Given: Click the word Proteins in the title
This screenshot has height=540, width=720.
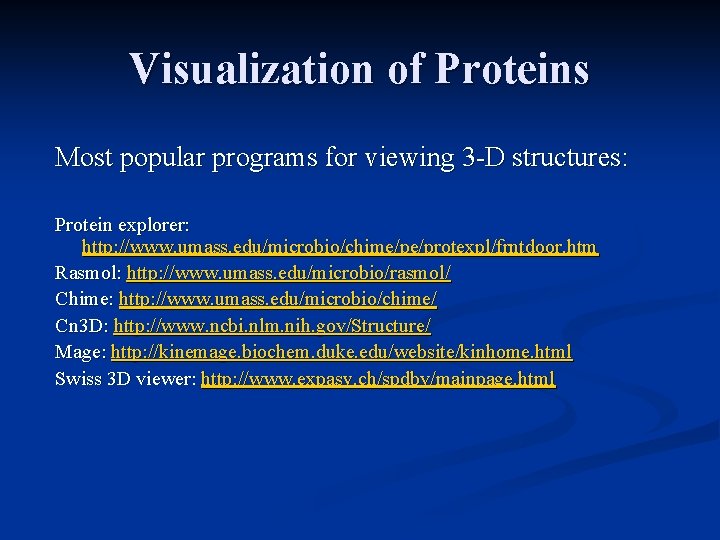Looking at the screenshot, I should [512, 69].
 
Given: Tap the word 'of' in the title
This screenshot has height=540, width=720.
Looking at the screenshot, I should [404, 69].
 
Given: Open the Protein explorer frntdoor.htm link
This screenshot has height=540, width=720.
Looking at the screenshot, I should [339, 247].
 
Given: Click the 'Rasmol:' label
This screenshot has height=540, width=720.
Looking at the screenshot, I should [88, 273].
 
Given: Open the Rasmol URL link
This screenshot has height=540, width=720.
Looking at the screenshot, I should [289, 273].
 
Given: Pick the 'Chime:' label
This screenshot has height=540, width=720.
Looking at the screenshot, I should [84, 299].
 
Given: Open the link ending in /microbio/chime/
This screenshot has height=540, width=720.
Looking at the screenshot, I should [277, 299].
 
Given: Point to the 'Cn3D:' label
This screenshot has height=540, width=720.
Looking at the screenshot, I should [82, 326].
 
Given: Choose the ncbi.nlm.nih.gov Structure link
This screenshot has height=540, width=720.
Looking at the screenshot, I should [272, 326].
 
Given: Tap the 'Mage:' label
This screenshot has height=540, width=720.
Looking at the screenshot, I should [80, 352].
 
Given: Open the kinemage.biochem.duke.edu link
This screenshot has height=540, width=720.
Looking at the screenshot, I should [341, 352].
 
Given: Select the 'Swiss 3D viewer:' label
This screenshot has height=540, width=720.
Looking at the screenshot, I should [125, 379].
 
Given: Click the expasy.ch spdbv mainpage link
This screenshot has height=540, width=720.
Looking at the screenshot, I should [378, 379].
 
